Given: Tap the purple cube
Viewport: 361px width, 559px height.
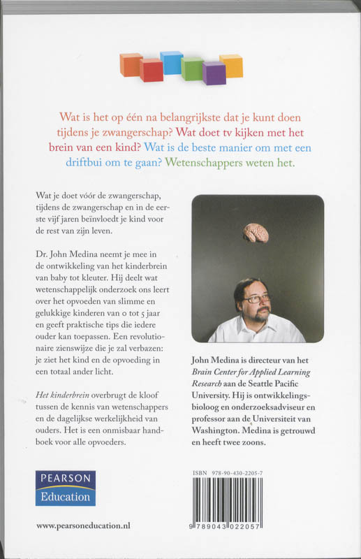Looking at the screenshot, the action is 214,72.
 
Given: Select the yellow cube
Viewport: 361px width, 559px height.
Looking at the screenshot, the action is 231,65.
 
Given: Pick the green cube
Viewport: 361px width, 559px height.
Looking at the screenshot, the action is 192,68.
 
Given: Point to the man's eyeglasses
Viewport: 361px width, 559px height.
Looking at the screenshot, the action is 256,298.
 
